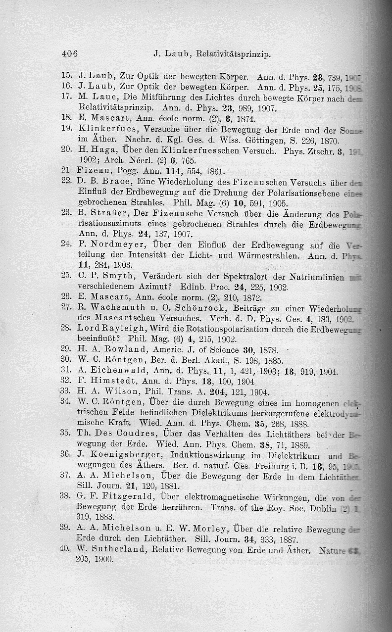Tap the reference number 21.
[x=67, y=170]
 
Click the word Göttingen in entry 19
[x=240, y=139]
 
